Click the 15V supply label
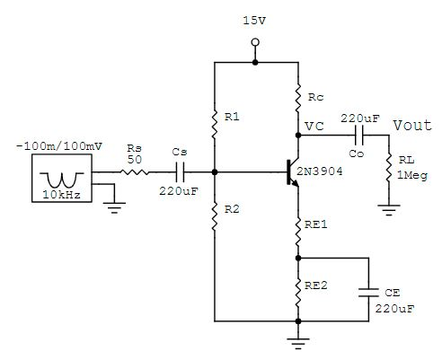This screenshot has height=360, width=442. (255, 20)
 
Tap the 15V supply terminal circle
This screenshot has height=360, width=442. (255, 42)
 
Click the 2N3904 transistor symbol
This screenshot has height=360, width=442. (290, 171)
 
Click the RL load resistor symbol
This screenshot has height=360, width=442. (389, 171)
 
